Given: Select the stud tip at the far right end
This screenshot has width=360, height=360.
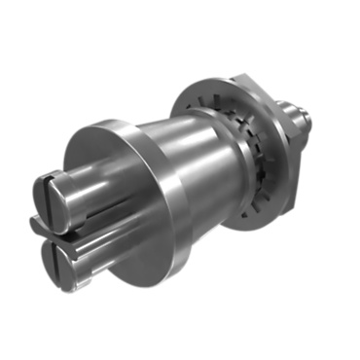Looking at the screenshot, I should pos(307,115).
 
